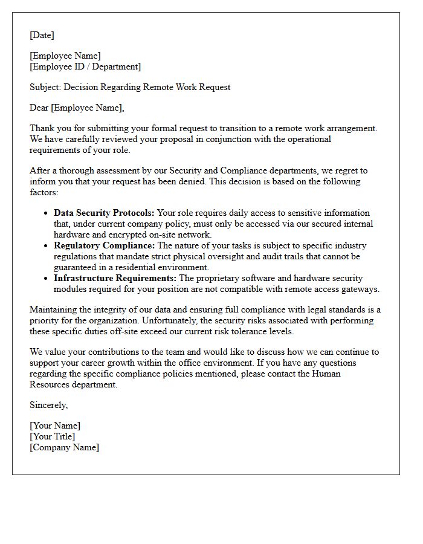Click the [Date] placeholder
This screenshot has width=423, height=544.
tap(42, 35)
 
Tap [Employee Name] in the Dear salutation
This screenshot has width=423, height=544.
tap(88, 108)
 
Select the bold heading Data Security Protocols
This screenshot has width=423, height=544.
tap(104, 213)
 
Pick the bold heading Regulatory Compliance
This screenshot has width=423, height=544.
tap(104, 245)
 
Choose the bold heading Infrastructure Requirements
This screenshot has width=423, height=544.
tap(115, 278)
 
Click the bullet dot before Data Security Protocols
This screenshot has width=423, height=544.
tap(46, 213)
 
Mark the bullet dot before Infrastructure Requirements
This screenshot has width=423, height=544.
tap(46, 279)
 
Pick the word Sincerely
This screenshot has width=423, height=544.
tap(49, 405)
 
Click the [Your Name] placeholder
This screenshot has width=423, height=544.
tap(55, 426)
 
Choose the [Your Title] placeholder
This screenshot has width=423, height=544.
tap(53, 436)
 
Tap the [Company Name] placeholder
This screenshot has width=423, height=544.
tap(65, 447)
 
